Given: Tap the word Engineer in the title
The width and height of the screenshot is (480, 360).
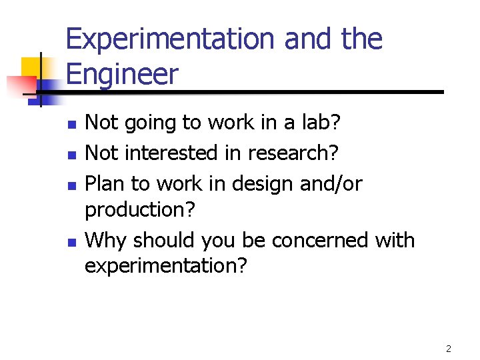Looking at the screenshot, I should click(x=123, y=74).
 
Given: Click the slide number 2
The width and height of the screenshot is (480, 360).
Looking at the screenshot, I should click(x=449, y=349).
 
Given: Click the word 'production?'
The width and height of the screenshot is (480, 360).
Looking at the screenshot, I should click(x=140, y=209).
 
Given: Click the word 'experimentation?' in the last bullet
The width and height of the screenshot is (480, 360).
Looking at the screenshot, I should click(x=165, y=266).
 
